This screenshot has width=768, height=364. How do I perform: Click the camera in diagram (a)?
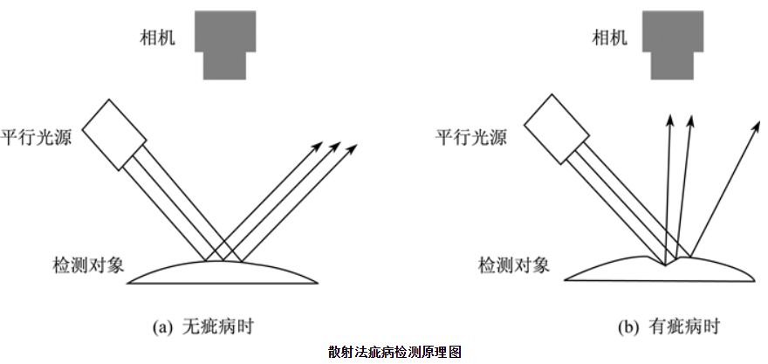pyautogui.click(x=225, y=45)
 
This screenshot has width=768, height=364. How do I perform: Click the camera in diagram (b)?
pyautogui.click(x=673, y=45)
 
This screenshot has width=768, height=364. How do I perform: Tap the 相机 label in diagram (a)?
pyautogui.click(x=157, y=38)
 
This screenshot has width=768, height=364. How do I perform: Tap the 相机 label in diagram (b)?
pyautogui.click(x=609, y=38)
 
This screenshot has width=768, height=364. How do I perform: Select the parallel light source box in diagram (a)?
pyautogui.click(x=114, y=134)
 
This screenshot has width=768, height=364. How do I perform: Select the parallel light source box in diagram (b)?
pyautogui.click(x=557, y=129)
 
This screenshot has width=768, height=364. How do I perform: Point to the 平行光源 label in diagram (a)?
pyautogui.click(x=37, y=137)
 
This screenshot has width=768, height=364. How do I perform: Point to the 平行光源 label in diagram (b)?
pyautogui.click(x=471, y=137)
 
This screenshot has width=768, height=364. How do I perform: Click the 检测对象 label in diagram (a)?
pyautogui.click(x=88, y=265)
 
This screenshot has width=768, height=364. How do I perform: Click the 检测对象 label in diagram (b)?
pyautogui.click(x=514, y=265)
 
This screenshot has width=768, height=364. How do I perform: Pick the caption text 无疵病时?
pyautogui.click(x=217, y=326)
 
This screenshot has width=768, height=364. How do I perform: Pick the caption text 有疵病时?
pyautogui.click(x=683, y=326)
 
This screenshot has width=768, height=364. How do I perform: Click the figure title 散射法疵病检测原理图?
pyautogui.click(x=394, y=352)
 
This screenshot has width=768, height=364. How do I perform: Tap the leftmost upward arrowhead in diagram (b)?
pyautogui.click(x=670, y=120)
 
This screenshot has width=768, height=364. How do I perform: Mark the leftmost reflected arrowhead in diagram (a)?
pyautogui.click(x=318, y=147)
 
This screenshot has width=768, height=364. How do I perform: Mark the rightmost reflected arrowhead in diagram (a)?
pyautogui.click(x=353, y=148)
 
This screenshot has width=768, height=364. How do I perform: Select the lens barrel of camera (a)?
pyautogui.click(x=225, y=65)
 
